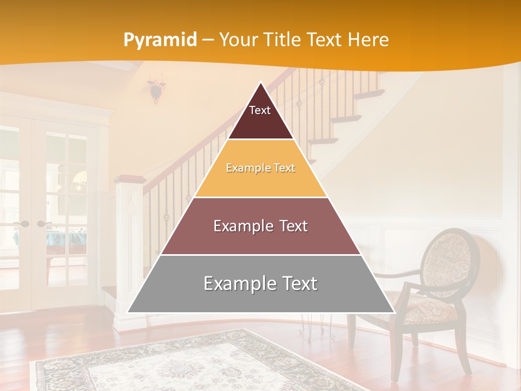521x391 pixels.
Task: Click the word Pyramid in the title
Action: click(160, 40)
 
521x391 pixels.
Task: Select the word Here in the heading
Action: click(368, 40)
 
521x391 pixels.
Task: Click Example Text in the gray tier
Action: click(260, 283)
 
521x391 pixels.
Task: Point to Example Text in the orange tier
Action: click(260, 168)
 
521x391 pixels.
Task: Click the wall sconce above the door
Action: click(157, 88)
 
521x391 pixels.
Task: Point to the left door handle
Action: click(22, 224)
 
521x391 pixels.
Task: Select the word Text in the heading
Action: click(326, 40)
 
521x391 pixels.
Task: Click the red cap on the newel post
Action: click(129, 179)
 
